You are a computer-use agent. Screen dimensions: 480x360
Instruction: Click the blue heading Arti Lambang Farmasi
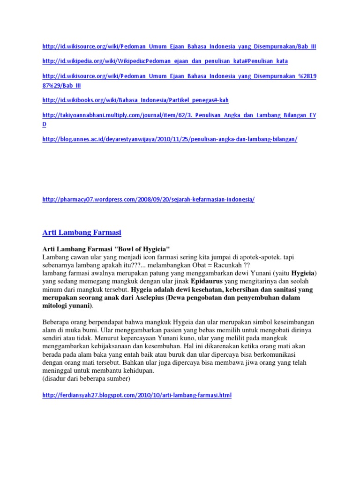82,232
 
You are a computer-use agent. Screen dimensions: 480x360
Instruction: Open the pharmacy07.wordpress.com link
148,199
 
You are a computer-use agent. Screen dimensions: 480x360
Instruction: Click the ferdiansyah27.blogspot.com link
136,396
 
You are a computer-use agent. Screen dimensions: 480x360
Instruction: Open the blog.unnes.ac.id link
170,139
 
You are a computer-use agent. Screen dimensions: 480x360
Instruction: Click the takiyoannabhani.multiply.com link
179,115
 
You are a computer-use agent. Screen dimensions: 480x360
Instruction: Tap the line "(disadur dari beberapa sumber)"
86,378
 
